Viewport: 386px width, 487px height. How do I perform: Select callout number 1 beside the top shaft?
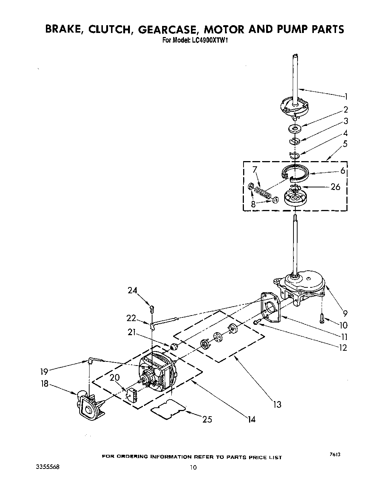(346, 97)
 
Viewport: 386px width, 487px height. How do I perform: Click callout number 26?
(335, 187)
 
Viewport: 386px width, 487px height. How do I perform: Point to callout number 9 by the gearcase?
(345, 313)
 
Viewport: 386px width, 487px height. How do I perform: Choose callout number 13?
(277, 404)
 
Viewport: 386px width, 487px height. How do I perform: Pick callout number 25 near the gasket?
(207, 419)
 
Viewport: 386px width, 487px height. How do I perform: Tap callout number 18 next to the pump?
(44, 384)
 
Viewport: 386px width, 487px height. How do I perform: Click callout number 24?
(132, 291)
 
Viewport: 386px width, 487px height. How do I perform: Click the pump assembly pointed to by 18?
(90, 406)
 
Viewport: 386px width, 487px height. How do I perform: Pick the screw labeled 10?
(322, 317)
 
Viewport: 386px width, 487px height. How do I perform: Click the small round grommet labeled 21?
(174, 347)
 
